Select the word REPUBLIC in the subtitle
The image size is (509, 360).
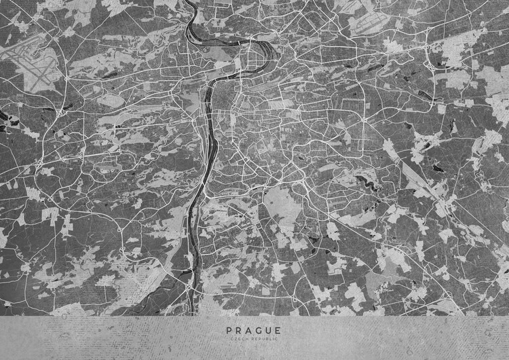click(264, 338)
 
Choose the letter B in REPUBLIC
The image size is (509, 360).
click(267, 338)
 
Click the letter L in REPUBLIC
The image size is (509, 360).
click(271, 338)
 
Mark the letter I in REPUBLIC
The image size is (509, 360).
click(274, 338)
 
